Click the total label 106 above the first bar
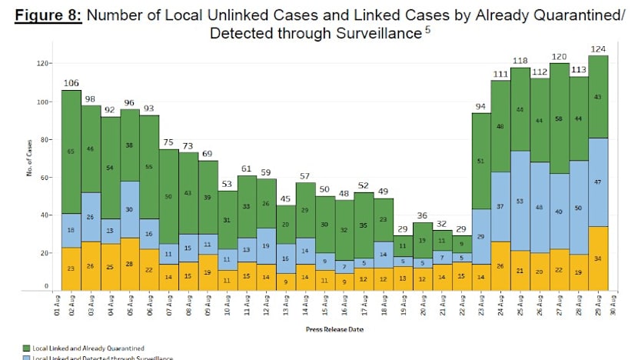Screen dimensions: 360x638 coord(71,83)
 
